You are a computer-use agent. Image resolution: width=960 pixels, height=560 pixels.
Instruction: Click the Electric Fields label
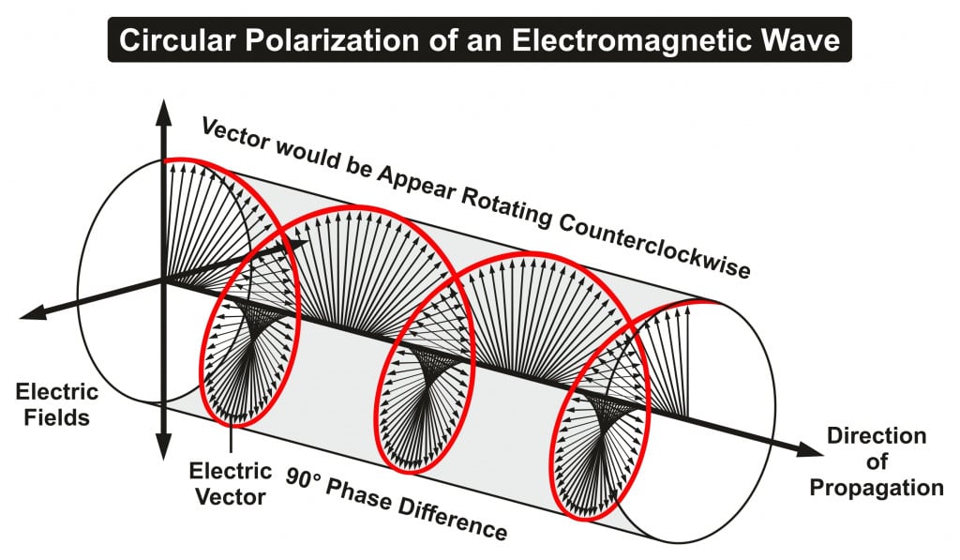point(52,404)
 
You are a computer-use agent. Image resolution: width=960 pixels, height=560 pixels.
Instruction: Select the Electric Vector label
point(227,482)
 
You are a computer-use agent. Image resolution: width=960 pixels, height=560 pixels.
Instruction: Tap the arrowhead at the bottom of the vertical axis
point(164,447)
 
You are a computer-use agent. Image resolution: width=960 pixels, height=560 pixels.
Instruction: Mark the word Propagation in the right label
point(877,487)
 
